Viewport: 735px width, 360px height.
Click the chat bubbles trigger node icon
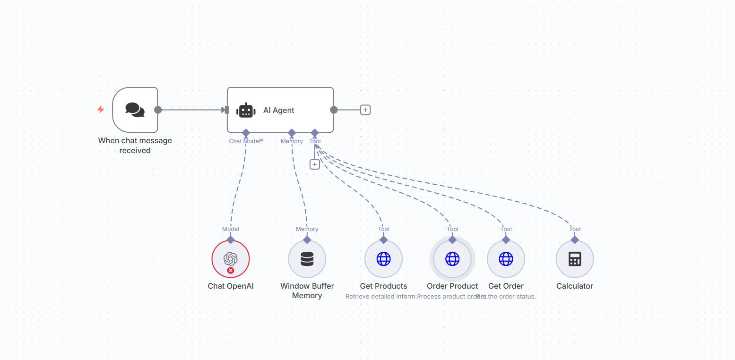click(x=135, y=110)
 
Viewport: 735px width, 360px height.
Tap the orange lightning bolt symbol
click(x=100, y=110)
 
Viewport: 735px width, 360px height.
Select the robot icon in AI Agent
click(x=246, y=110)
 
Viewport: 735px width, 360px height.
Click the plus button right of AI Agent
click(x=365, y=110)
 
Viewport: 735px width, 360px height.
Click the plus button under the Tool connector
click(x=315, y=164)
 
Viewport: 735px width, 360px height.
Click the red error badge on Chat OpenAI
click(x=231, y=271)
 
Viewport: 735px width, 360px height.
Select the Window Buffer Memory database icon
click(x=307, y=259)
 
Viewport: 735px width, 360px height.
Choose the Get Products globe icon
click(x=383, y=259)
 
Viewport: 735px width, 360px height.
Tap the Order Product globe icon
click(x=452, y=259)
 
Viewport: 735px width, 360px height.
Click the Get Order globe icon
click(x=506, y=259)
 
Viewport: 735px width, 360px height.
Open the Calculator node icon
click(x=575, y=259)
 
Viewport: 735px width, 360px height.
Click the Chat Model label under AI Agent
click(x=245, y=141)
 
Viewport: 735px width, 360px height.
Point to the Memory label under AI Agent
click(x=292, y=141)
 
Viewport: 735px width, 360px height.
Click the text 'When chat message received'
click(x=135, y=146)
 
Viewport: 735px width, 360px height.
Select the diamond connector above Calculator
click(x=575, y=240)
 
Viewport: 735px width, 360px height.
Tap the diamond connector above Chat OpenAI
click(x=230, y=240)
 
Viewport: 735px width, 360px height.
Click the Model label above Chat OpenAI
click(x=230, y=229)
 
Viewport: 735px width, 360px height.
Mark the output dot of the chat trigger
click(x=158, y=110)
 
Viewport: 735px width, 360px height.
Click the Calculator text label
click(x=575, y=286)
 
